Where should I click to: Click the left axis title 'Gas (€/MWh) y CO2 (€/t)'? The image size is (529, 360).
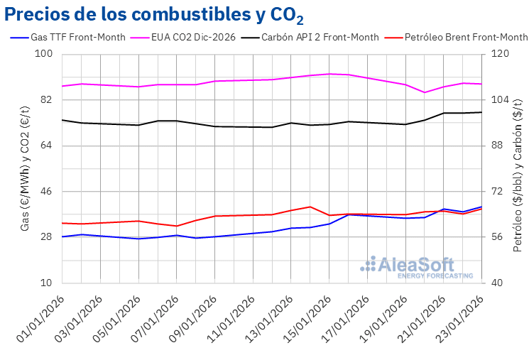(x=25, y=169)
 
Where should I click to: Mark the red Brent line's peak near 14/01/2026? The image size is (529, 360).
(x=310, y=207)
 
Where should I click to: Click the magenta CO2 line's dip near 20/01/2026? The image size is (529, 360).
(x=425, y=92)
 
